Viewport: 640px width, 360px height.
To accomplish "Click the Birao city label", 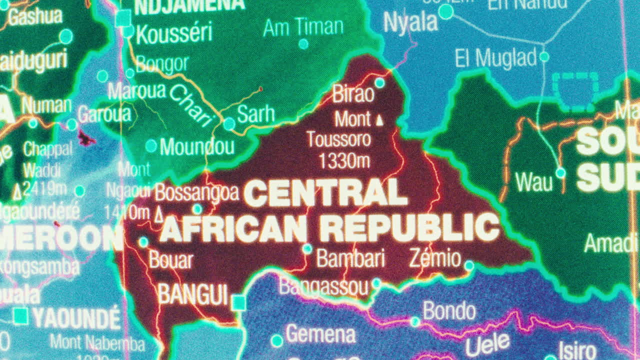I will point(353,94).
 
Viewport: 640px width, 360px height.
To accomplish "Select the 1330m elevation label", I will point(344,160).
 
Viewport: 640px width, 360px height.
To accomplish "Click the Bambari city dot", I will point(307,248).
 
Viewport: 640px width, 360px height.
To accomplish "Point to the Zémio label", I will point(434,258).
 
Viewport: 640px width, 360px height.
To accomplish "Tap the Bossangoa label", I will point(196,192).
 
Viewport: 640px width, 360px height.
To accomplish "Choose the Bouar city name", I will point(170,260).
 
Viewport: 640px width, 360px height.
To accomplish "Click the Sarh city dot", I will point(229,123).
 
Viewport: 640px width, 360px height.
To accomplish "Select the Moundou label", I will point(196,147).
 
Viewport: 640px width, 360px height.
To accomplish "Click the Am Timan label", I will point(303,27).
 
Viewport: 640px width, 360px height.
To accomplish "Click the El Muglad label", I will point(495,58).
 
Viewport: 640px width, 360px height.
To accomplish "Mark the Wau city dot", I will point(560,172).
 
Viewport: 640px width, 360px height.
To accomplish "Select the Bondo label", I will point(449,311).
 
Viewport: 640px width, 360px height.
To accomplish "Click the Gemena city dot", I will point(276,341).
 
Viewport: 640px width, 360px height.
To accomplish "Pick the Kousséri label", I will point(174,33).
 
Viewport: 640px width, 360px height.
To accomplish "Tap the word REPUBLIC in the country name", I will point(409,227).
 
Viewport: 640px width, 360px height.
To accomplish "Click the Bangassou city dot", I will point(376,283).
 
